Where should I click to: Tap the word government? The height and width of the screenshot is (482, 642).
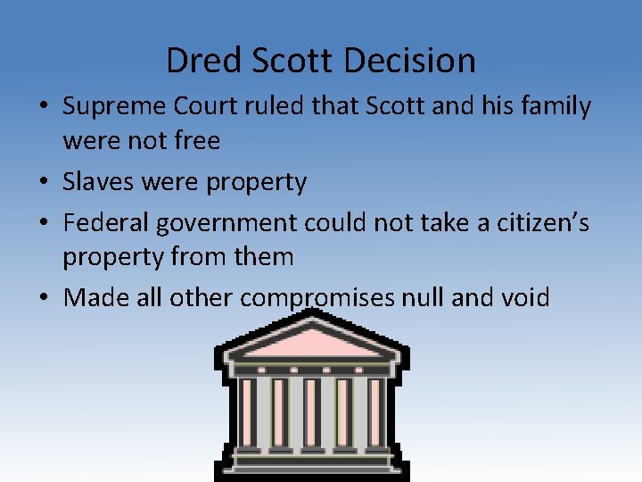[230, 222]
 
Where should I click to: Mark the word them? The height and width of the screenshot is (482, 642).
[263, 257]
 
